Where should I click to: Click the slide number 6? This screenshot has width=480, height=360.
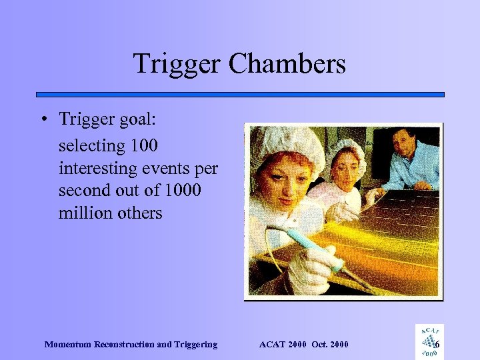click(x=437, y=345)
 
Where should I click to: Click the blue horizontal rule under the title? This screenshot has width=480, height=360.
click(x=240, y=95)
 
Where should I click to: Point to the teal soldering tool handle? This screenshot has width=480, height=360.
click(x=313, y=249)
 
